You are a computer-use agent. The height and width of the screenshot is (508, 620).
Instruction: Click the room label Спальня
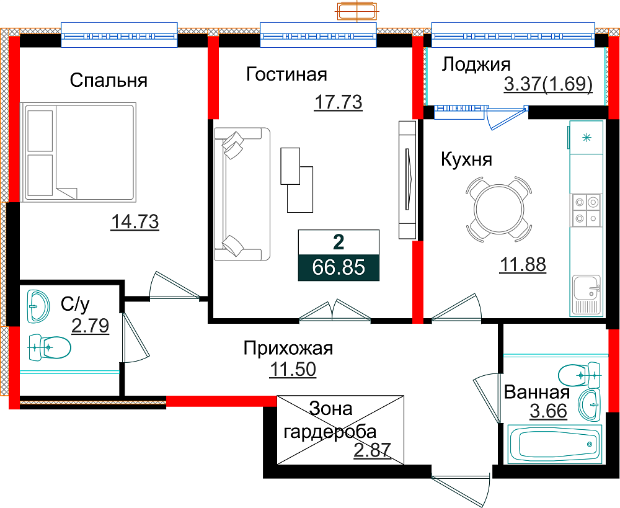[108, 80]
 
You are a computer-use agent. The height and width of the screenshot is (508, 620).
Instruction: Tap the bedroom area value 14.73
[135, 221]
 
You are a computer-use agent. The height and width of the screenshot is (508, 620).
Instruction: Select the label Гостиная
[286, 74]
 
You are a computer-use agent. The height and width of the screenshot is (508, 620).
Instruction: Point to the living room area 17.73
[339, 102]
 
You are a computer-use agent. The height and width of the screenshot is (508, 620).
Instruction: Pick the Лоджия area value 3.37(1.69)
[548, 84]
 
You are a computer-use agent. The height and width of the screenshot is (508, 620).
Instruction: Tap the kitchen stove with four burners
[586, 210]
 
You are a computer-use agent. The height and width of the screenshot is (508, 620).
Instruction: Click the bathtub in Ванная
[555, 443]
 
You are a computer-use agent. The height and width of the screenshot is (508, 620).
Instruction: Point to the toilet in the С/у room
[50, 347]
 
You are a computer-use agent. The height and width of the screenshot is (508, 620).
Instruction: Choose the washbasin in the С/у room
[38, 306]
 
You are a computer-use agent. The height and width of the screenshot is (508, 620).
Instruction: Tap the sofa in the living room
[242, 194]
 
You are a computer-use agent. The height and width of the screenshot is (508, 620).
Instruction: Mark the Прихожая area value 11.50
[293, 369]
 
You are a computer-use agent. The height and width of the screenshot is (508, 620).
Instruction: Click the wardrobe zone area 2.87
[372, 450]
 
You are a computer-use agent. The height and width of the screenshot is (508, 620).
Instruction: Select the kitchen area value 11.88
[523, 264]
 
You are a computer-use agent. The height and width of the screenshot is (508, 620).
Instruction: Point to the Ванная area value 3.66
[549, 411]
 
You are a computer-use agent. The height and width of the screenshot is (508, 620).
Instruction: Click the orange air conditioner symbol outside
[357, 11]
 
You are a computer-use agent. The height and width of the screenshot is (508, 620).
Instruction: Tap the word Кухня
[467, 159]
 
